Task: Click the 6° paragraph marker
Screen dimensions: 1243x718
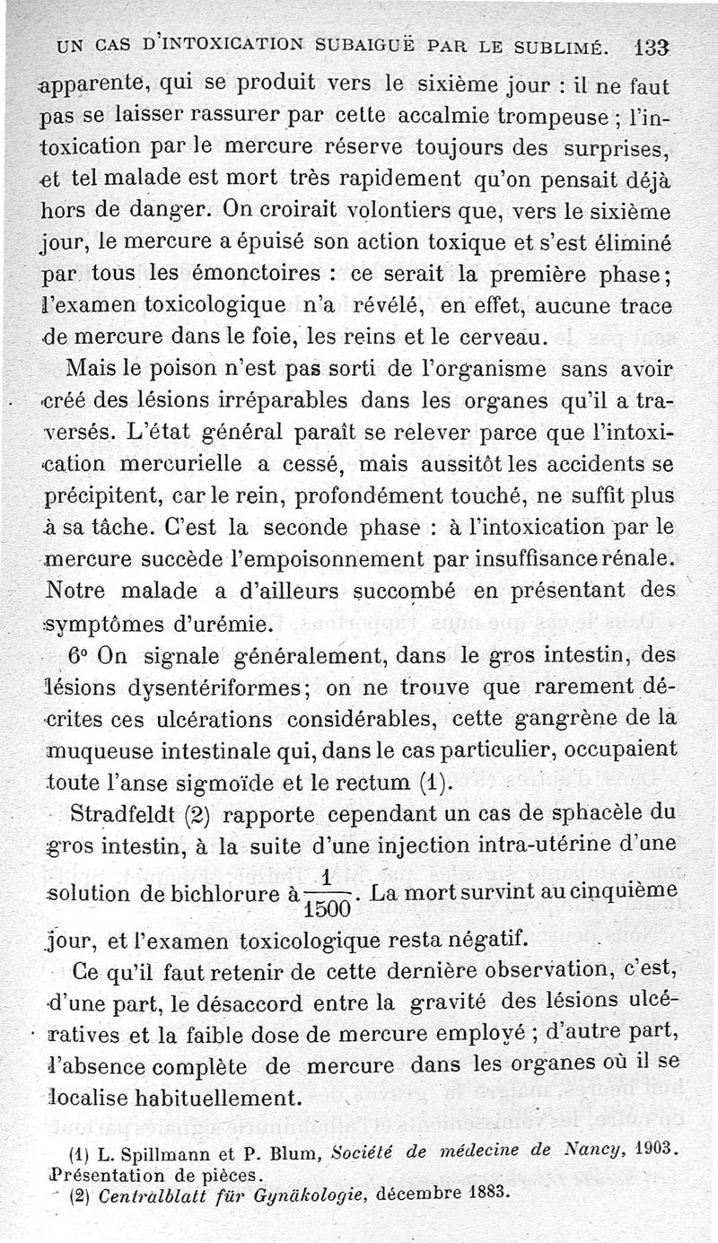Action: click(81, 655)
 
